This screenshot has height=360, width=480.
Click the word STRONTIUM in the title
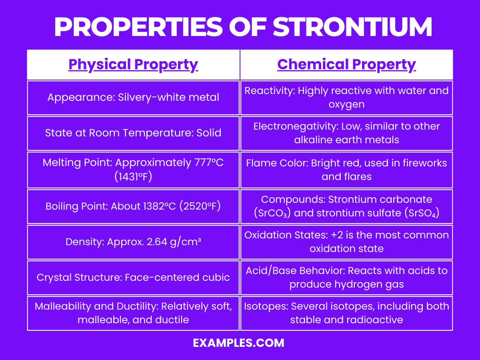click(352, 27)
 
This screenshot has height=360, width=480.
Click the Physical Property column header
click(133, 64)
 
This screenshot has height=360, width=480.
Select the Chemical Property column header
click(346, 64)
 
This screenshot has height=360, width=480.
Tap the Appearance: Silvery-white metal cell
click(133, 97)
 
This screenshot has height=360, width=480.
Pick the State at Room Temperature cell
click(133, 132)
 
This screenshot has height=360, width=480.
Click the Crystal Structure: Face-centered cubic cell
click(133, 277)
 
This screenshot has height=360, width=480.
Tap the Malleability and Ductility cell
click(133, 313)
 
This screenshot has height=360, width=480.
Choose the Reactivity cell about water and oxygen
click(346, 97)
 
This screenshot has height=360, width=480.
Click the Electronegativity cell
click(346, 132)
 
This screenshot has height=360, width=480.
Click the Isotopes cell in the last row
click(346, 313)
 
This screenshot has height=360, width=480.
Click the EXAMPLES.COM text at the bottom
click(238, 343)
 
